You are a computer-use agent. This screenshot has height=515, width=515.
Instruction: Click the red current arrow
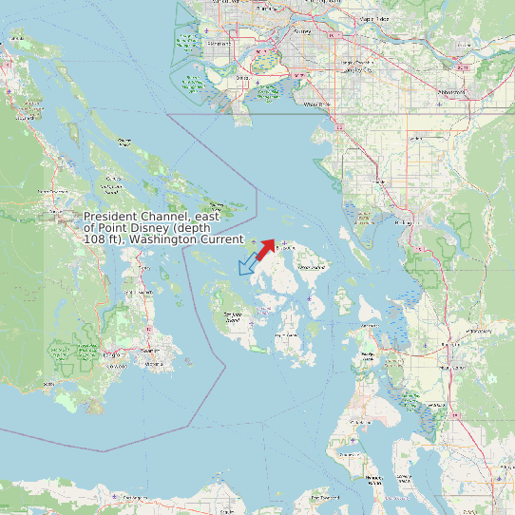pyautogui.click(x=265, y=249)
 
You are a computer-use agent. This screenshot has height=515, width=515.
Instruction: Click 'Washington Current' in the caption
pyautogui.click(x=188, y=239)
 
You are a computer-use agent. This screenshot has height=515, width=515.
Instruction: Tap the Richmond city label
pyautogui.click(x=219, y=43)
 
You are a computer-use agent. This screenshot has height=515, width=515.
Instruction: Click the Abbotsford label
pyautogui.click(x=450, y=91)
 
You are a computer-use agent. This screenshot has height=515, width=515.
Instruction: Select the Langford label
pyautogui.click(x=112, y=354)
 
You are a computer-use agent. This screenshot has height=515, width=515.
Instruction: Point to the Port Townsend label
pyautogui.click(x=353, y=421)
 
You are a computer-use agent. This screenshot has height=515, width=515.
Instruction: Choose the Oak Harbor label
pyautogui.click(x=366, y=356)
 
